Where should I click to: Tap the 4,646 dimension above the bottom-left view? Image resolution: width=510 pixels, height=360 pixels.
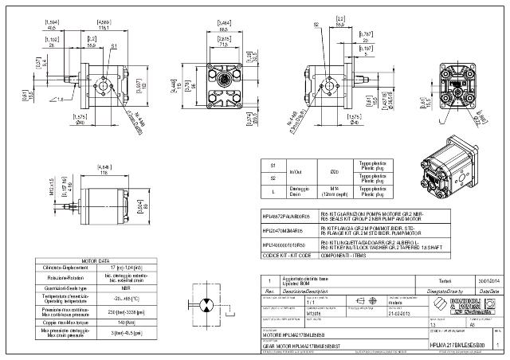104,166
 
